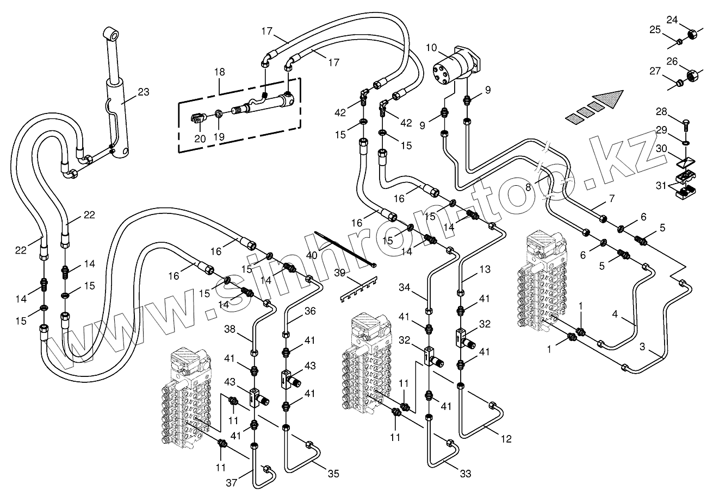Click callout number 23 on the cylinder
pyautogui.click(x=143, y=92)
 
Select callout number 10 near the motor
pyautogui.click(x=431, y=48)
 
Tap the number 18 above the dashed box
pyautogui.click(x=219, y=72)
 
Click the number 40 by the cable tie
pyautogui.click(x=312, y=255)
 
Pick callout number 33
pyautogui.click(x=465, y=474)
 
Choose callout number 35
pyautogui.click(x=333, y=474)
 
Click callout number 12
pyautogui.click(x=506, y=439)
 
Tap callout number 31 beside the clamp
pyautogui.click(x=661, y=185)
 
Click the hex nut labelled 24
pyautogui.click(x=693, y=34)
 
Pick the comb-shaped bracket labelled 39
pyautogui.click(x=362, y=291)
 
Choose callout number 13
pyautogui.click(x=485, y=269)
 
